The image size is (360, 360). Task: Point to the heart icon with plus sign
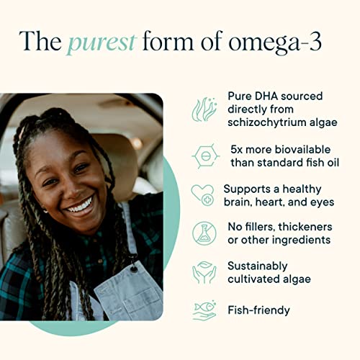[x=204, y=194]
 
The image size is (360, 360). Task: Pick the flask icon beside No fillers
[x=204, y=233]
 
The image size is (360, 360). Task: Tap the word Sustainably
[x=257, y=266]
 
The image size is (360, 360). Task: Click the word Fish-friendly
[x=258, y=310]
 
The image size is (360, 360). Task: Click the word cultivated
[x=254, y=279]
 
